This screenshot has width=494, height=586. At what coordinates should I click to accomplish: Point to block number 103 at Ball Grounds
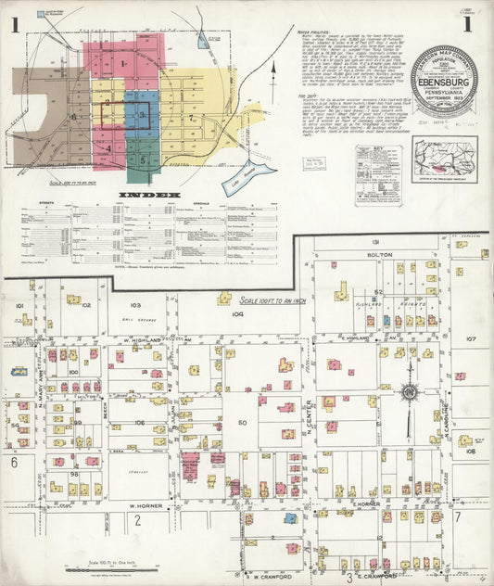(x=136, y=305)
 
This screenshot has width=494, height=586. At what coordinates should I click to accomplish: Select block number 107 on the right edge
(x=470, y=339)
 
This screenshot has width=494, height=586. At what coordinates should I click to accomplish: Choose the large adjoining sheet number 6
(x=14, y=461)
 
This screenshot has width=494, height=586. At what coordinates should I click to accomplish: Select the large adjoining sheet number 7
(x=457, y=516)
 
